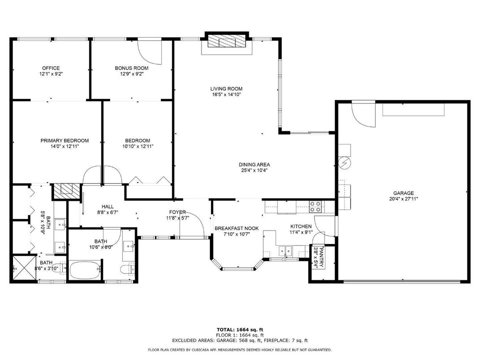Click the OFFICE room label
[x=51, y=68]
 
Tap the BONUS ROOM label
[x=132, y=68]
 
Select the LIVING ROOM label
[x=226, y=89]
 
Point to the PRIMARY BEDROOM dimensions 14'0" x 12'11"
[x=64, y=146]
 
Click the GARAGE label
[x=403, y=193]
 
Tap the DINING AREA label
[x=254, y=165]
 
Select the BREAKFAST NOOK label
[x=236, y=228]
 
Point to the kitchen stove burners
[x=315, y=206]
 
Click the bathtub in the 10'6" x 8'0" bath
[x=85, y=270]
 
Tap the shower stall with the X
[x=24, y=268]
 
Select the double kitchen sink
[x=285, y=251]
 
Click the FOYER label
[x=178, y=212]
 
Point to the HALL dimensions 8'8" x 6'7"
[x=108, y=212]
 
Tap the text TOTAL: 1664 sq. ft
[x=240, y=330]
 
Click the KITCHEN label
[x=301, y=226]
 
